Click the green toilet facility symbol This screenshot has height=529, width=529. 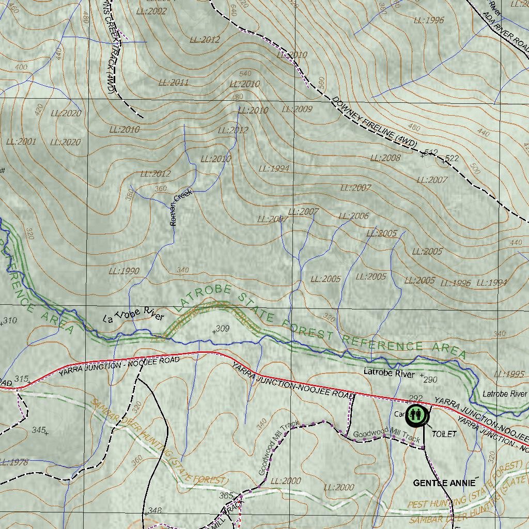click(x=416, y=415)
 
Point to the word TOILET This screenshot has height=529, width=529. click(x=444, y=434)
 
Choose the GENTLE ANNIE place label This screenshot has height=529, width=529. click(x=444, y=483)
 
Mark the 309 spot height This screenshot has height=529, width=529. click(x=221, y=329)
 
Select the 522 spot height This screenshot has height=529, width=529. click(x=451, y=158)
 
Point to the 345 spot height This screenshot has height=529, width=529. click(x=39, y=430)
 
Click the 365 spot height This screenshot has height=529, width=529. click(x=226, y=495)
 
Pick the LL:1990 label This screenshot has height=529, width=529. click(x=124, y=271)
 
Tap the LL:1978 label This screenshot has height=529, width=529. click(x=14, y=462)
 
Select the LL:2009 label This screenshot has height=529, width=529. click(x=297, y=109)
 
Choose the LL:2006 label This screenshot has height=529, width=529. click(x=353, y=216)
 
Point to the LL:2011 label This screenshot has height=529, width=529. click(x=173, y=82)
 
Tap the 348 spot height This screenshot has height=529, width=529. click(x=153, y=511)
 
